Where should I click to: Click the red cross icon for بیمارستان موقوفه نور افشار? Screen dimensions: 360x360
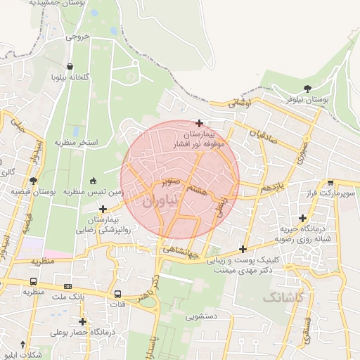[x=200, y=123]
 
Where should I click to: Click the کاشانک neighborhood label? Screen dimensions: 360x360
[x=286, y=298]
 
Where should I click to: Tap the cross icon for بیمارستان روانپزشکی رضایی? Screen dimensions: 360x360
[x=103, y=209]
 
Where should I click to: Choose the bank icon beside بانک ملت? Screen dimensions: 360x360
[x=67, y=287]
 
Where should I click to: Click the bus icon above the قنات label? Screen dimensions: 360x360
[x=117, y=294]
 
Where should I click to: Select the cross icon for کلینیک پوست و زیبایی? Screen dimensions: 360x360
[x=243, y=249]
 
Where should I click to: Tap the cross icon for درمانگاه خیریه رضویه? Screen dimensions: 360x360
[x=302, y=218]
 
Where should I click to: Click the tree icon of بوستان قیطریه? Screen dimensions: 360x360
[x=32, y=181]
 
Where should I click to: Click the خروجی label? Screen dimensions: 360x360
[x=79, y=37]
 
